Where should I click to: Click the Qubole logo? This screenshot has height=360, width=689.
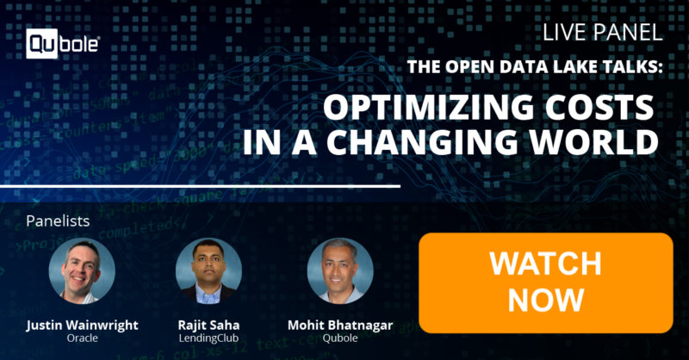63,44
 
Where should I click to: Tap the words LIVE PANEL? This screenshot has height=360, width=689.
602,33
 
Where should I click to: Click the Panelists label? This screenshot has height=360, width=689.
58,220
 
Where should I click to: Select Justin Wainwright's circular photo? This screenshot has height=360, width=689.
82,270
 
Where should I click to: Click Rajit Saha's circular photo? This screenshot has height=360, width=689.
208,270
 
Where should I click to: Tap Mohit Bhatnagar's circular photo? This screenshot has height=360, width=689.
340,270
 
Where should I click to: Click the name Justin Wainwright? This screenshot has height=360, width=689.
82,326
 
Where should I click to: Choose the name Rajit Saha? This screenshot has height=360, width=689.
208,326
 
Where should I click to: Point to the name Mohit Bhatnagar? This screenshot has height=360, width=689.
340,326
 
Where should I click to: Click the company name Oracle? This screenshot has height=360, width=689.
82,338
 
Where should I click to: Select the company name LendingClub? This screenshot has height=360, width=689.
208,338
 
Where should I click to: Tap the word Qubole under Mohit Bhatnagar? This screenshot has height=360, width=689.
340,338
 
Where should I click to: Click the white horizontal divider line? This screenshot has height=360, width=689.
201,186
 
